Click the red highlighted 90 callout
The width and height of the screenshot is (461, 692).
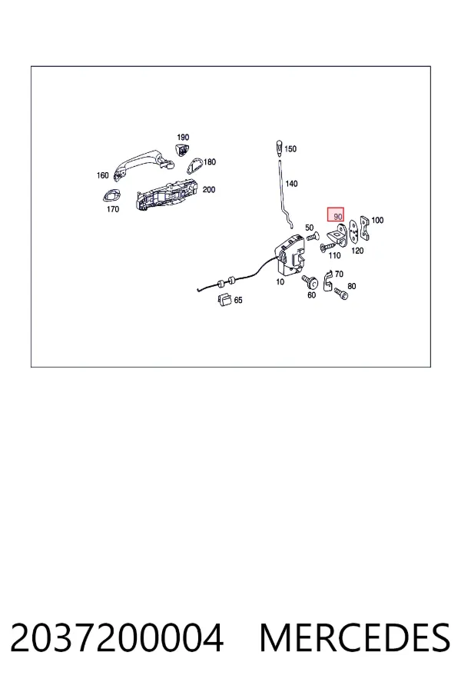coord(335,215)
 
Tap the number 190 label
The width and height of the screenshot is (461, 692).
coord(183,138)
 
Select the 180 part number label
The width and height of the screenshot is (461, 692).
coord(210,162)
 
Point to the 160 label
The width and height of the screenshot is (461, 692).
coord(102,175)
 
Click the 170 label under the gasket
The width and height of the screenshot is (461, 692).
coord(113,209)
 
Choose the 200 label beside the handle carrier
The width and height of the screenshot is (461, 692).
coord(209,190)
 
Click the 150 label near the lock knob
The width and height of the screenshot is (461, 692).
coord(290,149)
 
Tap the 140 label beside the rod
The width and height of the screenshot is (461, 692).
coord(291,184)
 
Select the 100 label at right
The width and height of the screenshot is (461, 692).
coord(377,220)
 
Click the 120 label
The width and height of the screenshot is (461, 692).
coord(357,251)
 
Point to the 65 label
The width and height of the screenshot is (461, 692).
coord(238,300)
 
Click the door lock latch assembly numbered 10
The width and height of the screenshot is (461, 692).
coord(290,255)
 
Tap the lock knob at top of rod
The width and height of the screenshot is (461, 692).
coord(279,148)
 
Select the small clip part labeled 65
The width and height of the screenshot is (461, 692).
coord(225,299)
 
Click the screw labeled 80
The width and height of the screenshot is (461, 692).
coord(341,293)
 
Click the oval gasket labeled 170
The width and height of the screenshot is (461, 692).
coord(111,195)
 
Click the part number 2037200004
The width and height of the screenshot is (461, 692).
coord(117,637)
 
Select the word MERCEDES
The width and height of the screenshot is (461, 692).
coord(355,637)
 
